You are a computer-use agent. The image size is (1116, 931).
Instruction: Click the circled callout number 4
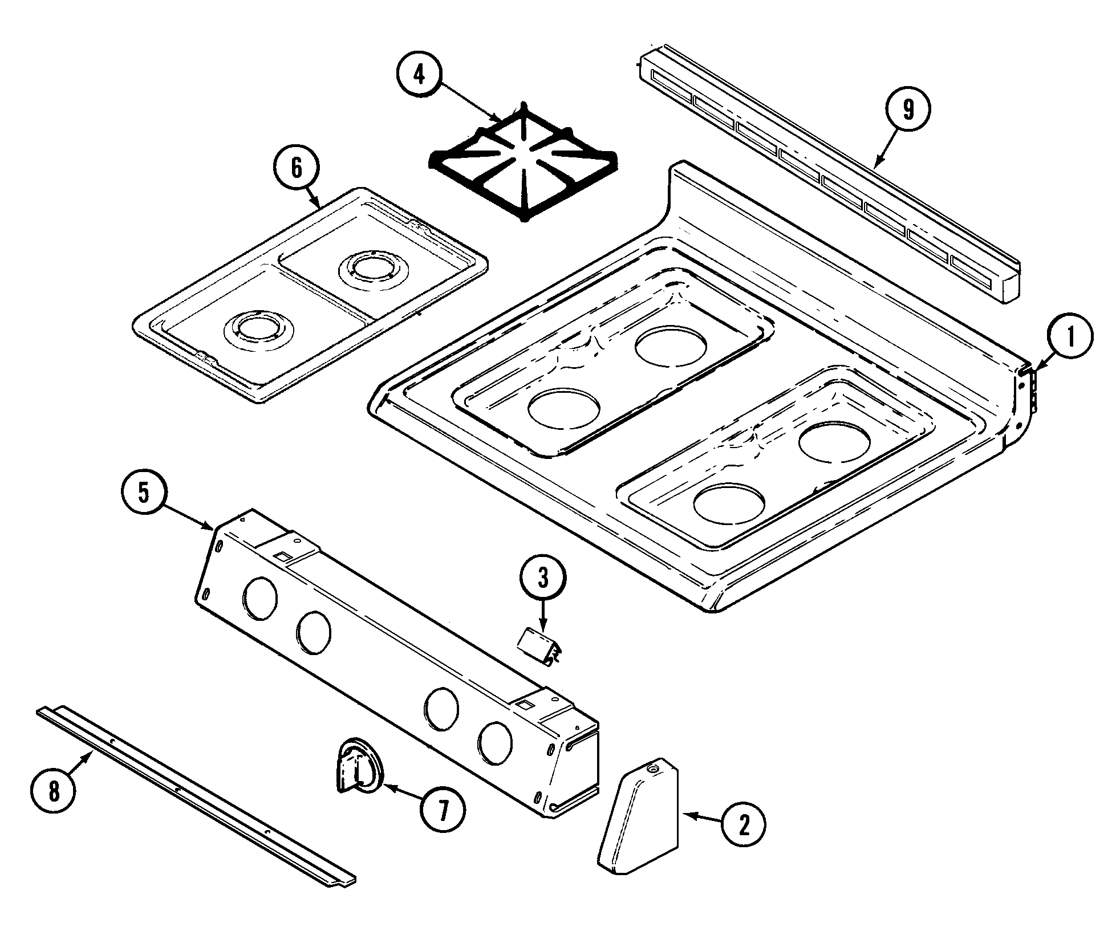[x=420, y=75]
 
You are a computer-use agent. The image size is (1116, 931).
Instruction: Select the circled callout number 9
[x=907, y=109]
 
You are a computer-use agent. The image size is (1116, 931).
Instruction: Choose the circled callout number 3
[x=542, y=579]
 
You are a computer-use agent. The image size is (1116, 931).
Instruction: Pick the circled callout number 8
[x=53, y=792]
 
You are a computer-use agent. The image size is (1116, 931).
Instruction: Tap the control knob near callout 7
[x=359, y=766]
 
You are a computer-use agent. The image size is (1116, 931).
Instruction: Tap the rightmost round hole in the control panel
[x=495, y=743]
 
